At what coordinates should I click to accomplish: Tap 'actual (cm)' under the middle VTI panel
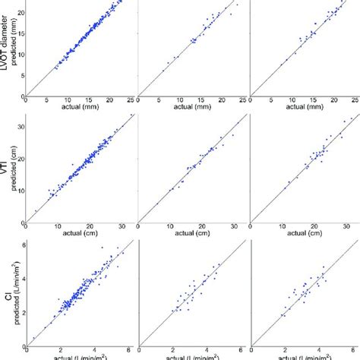click(192, 234)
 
